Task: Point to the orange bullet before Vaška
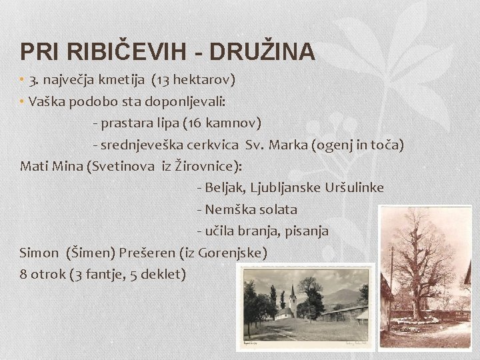click(x=22, y=102)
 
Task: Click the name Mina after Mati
click(x=69, y=166)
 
